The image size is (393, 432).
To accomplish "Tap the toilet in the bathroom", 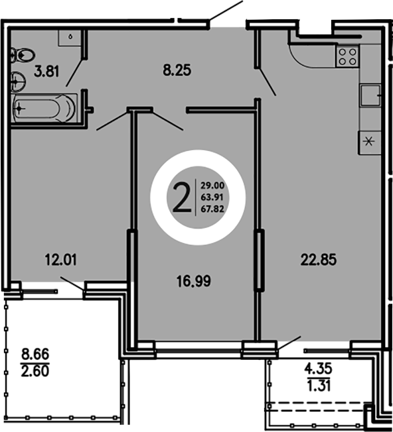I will tap(21, 55).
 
